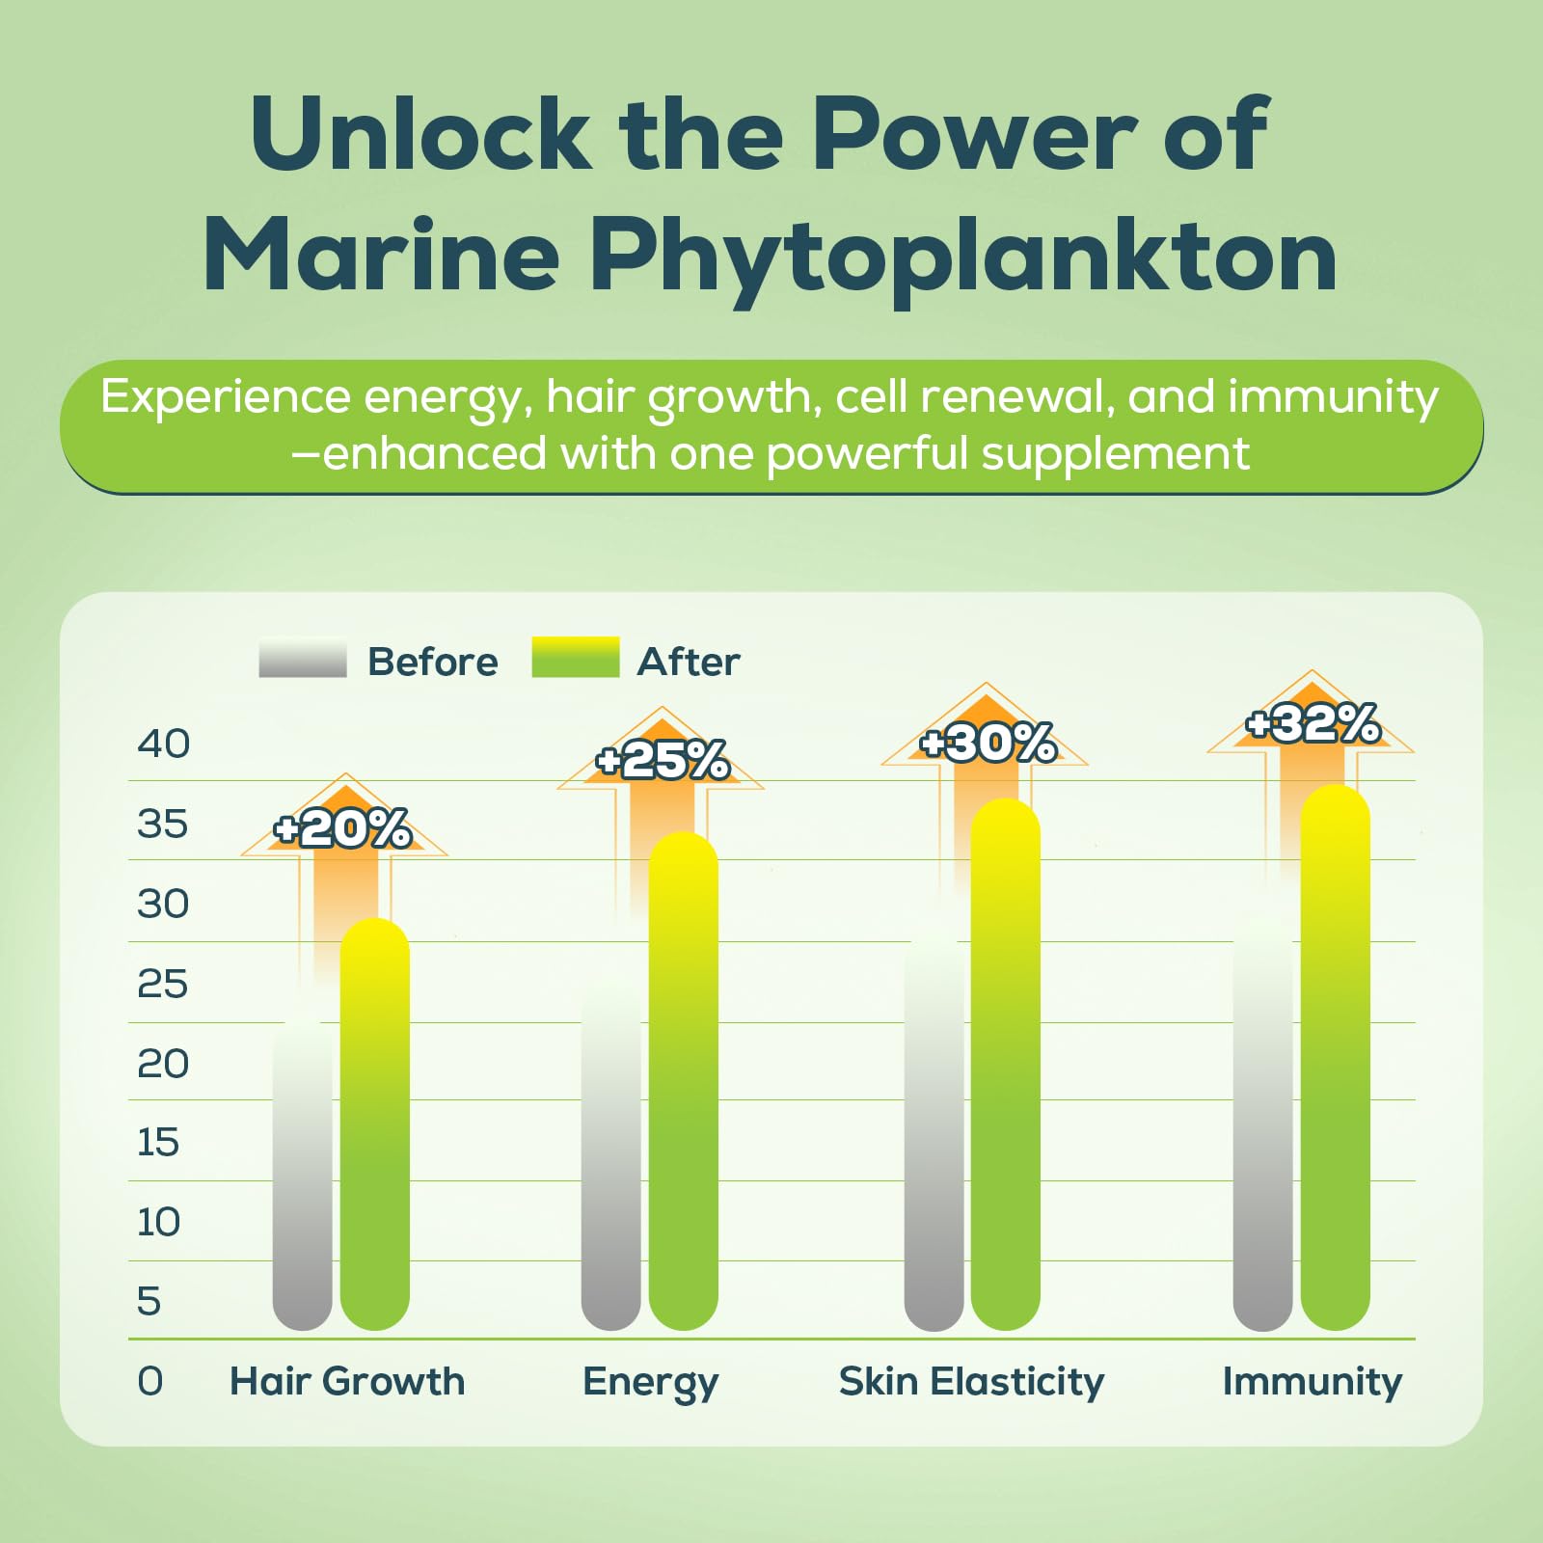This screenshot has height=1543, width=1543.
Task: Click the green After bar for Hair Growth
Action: click(375, 1128)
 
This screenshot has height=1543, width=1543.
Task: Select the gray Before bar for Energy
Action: click(610, 1157)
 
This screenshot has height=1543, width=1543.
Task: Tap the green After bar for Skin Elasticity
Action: click(1005, 1070)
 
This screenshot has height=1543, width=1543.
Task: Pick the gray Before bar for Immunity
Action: click(1262, 1128)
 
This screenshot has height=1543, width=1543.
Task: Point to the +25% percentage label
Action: click(663, 760)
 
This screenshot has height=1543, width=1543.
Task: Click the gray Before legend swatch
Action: click(302, 658)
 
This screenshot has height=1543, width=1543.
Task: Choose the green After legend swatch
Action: click(575, 657)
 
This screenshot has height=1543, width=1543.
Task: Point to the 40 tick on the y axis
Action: click(163, 744)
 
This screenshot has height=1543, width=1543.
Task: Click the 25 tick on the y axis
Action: click(162, 984)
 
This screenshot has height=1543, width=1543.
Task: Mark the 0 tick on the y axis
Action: click(150, 1381)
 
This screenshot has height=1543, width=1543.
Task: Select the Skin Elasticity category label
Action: click(971, 1381)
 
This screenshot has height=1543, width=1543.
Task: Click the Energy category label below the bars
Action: click(651, 1383)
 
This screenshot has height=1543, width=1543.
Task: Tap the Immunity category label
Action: click(1312, 1381)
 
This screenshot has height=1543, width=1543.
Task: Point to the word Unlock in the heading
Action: click(420, 135)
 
